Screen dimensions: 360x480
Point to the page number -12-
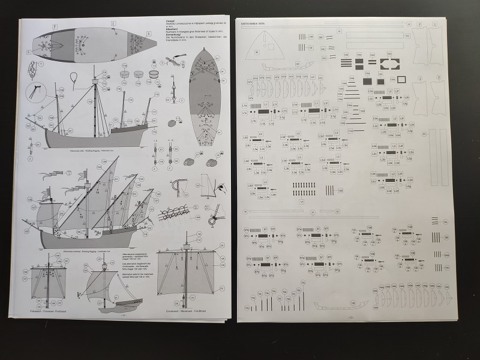pos(352,318)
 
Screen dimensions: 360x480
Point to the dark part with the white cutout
pos(389,64)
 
